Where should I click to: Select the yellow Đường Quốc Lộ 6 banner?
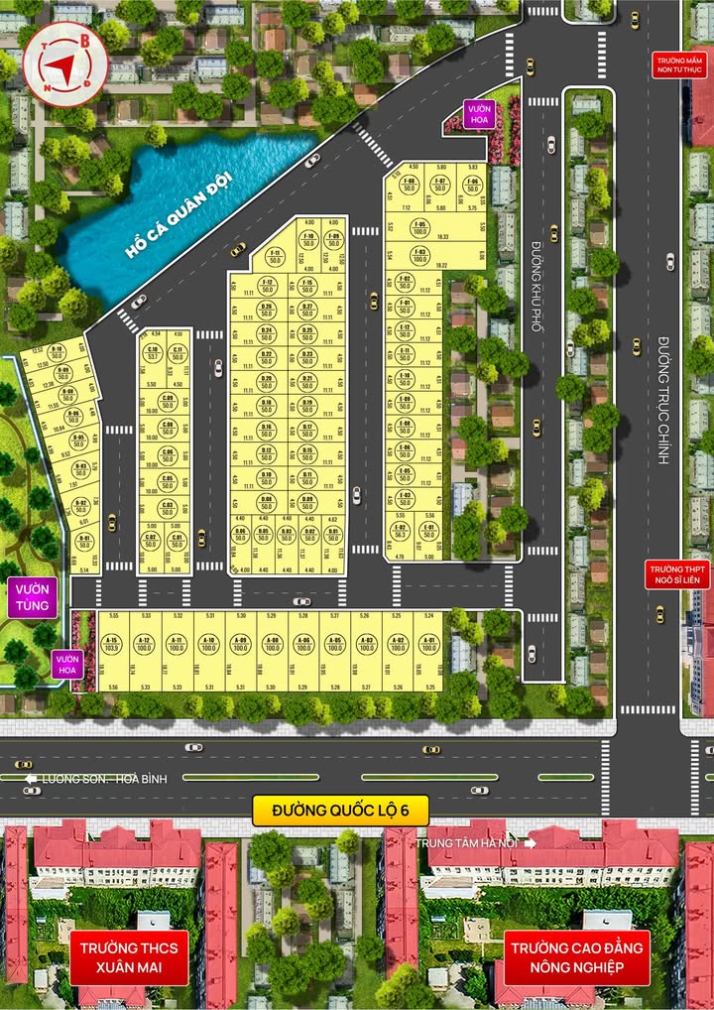(x=339, y=811)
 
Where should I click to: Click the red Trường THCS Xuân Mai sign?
(x=124, y=956)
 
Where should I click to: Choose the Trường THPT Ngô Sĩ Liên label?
(x=678, y=574)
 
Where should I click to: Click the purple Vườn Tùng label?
(x=31, y=599)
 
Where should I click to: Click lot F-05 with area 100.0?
(x=419, y=227)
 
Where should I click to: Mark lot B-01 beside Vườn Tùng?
(x=84, y=541)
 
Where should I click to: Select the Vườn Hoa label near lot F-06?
(x=481, y=115)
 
